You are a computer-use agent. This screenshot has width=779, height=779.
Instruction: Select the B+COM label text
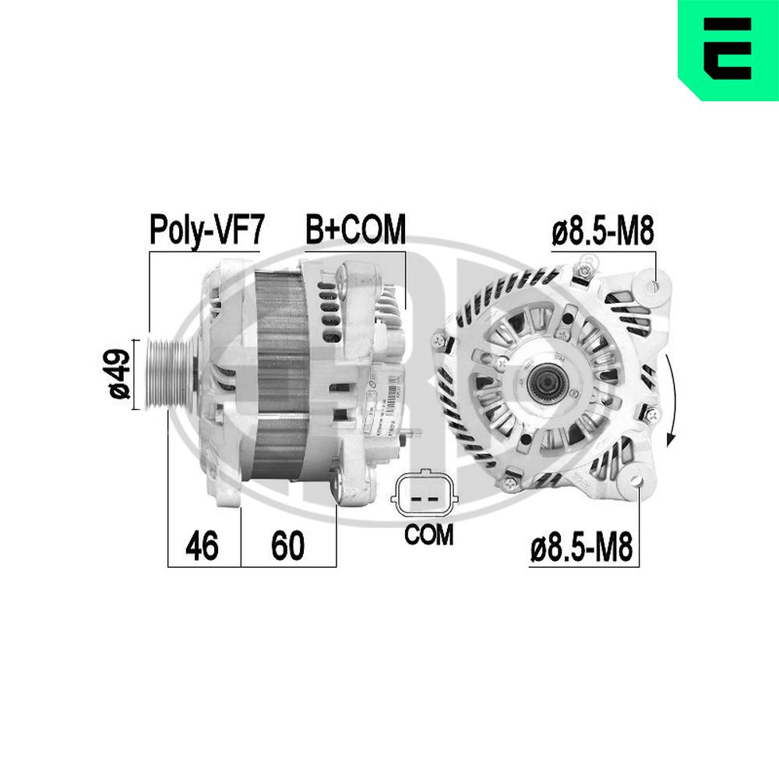[x=355, y=230]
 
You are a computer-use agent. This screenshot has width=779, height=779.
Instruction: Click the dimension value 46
[x=201, y=546]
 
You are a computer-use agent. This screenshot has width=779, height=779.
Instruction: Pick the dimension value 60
[x=287, y=546]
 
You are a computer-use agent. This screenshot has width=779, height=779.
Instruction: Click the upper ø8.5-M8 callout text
[x=601, y=232]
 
